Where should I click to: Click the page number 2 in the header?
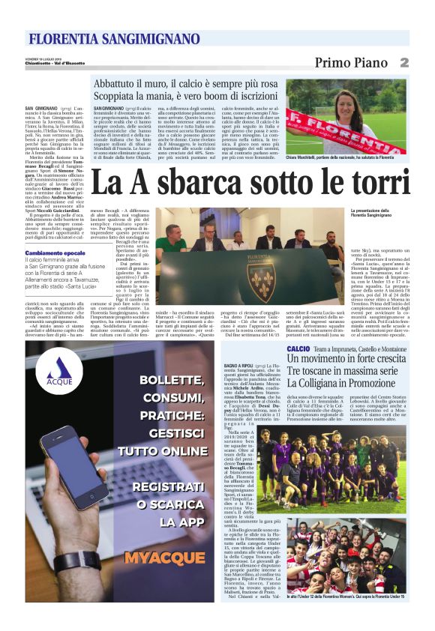(403, 62)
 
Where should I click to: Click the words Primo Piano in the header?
(351, 62)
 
